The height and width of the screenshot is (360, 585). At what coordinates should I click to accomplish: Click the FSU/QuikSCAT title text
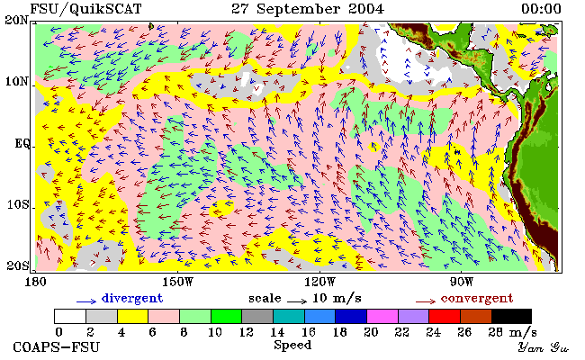coord(85,9)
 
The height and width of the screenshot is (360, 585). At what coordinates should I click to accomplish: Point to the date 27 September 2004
coord(308,9)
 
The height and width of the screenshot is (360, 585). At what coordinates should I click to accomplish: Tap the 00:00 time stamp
coord(541,9)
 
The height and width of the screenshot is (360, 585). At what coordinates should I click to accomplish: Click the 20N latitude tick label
coord(16,20)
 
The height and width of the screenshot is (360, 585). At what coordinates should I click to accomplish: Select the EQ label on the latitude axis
coord(22,144)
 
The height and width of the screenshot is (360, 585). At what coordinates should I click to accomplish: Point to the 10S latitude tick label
coord(18,205)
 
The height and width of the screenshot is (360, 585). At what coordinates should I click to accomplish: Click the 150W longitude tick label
coord(178,282)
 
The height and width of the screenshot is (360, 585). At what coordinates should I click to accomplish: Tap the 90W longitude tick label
coord(461,282)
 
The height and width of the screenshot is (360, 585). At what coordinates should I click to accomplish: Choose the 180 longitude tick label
coord(35,282)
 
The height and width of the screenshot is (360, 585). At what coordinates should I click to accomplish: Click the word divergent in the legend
coord(132,298)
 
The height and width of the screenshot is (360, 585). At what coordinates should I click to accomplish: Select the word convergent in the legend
coord(477,298)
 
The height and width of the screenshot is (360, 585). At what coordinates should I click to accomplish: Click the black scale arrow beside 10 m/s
coord(297,301)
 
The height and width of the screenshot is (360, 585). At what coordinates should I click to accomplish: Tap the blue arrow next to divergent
coord(86,301)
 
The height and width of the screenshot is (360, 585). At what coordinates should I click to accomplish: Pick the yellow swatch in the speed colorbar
coord(132,317)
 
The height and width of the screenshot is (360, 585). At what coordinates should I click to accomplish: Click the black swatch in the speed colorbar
coord(511,317)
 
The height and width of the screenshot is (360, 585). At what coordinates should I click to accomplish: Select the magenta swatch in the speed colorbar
coord(382,317)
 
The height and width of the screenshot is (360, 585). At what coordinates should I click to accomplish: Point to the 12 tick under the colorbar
coord(247,332)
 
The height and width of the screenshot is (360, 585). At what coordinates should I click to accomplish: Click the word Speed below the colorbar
coord(292,345)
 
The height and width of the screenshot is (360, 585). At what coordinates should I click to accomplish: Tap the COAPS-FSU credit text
coord(57,346)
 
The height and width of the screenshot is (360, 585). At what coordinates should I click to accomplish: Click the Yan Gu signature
coord(543,347)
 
